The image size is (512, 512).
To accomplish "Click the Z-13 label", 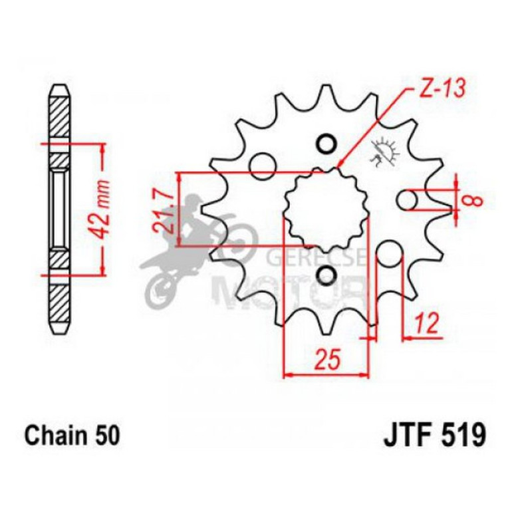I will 440,87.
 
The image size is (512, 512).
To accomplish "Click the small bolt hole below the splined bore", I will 326,274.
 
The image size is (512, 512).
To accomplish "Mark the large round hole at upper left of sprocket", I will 261,163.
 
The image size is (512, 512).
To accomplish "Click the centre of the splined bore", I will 326,208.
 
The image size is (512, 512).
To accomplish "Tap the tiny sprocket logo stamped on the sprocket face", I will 384,151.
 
